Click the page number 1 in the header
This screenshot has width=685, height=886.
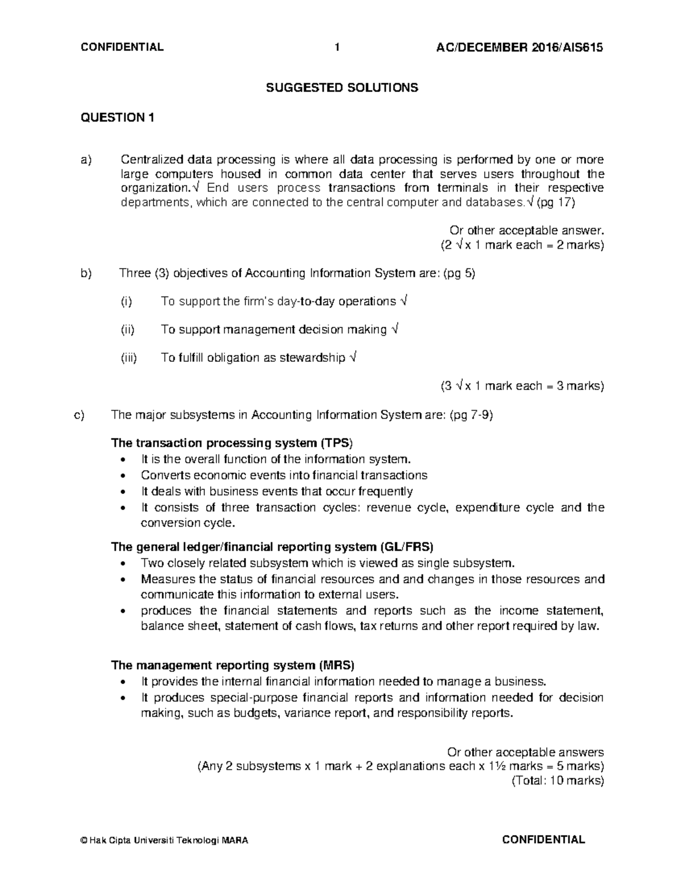337,47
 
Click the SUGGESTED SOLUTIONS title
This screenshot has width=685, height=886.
342,87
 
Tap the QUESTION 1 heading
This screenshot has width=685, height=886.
118,118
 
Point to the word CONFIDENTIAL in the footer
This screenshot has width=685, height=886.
543,839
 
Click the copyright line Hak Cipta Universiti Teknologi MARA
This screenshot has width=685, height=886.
165,840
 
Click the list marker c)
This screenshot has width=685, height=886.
79,415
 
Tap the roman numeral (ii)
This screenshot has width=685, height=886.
127,330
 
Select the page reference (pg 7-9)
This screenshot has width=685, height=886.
472,415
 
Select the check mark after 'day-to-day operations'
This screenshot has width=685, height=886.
404,301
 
